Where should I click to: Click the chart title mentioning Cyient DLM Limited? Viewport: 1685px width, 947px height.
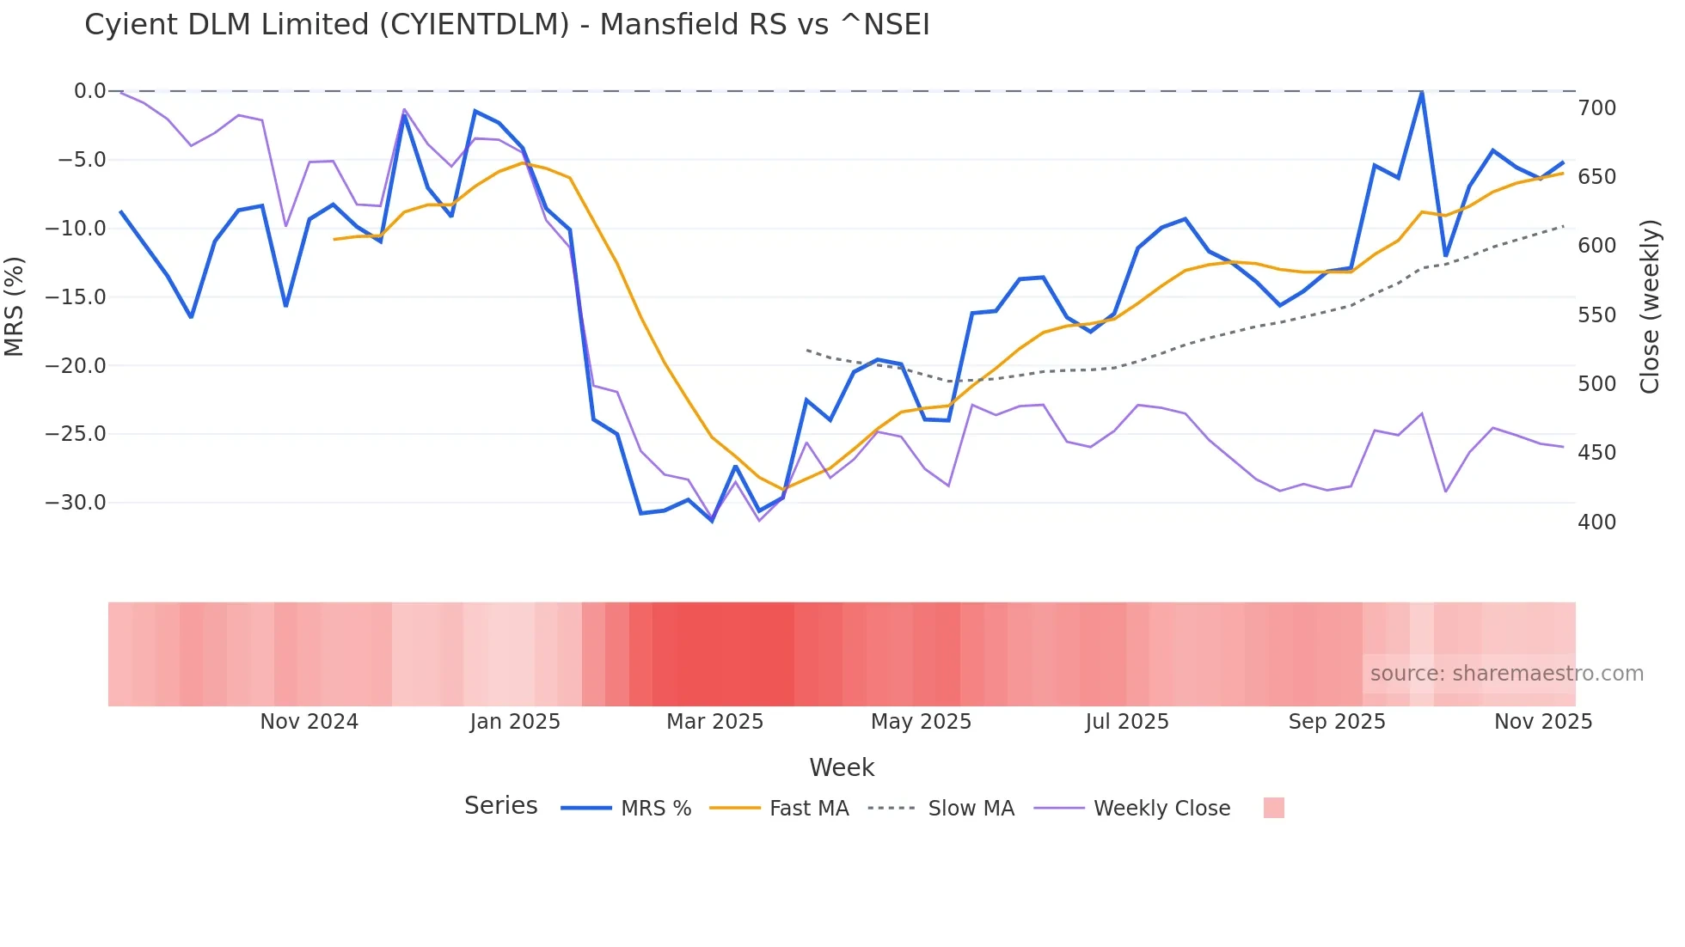pyautogui.click(x=506, y=25)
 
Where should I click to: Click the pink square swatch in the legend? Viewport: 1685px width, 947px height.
pyautogui.click(x=1273, y=808)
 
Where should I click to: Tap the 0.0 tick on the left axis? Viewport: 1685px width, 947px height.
pyautogui.click(x=89, y=91)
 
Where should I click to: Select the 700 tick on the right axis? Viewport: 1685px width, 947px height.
pyautogui.click(x=1596, y=108)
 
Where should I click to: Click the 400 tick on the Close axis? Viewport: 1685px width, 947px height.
pyautogui.click(x=1596, y=522)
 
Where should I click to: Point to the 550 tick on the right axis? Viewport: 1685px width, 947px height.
pyautogui.click(x=1596, y=315)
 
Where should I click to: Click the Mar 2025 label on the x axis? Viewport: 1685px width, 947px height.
pyautogui.click(x=714, y=722)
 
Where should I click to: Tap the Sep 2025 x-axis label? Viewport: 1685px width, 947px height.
pyautogui.click(x=1336, y=722)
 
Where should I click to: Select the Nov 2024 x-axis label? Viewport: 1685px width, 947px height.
pyautogui.click(x=309, y=722)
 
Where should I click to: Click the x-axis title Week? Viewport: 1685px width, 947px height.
pyautogui.click(x=842, y=767)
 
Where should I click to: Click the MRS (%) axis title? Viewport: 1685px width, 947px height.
pyautogui.click(x=15, y=306)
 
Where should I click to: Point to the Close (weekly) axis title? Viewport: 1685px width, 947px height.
pyautogui.click(x=1649, y=306)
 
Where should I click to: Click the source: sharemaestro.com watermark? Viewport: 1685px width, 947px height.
pyautogui.click(x=1506, y=674)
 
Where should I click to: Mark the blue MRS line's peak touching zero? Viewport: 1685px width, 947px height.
pyautogui.click(x=1422, y=93)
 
